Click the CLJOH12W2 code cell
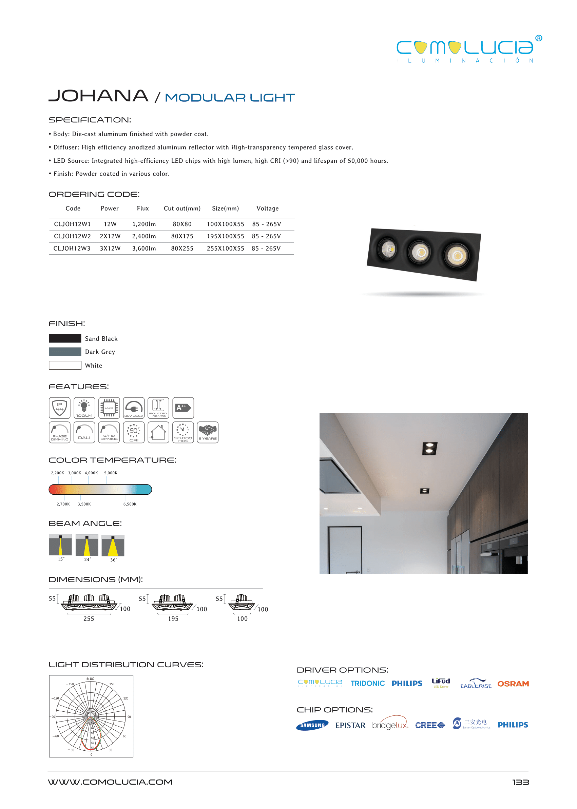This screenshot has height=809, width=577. point(72,236)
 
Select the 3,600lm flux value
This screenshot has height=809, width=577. point(144,248)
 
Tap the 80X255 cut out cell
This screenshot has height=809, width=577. point(182,248)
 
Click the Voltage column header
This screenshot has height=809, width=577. point(268,209)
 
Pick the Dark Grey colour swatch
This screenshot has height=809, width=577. point(65,352)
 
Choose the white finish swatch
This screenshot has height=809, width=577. point(65,365)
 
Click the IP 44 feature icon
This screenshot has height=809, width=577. point(60,408)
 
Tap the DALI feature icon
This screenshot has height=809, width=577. point(84,432)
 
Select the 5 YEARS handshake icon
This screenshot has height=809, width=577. point(208,432)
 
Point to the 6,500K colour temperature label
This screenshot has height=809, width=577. point(130,504)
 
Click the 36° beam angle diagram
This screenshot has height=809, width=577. point(113,546)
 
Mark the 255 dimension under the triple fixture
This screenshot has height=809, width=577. point(89,619)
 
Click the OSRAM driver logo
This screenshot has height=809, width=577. point(513,684)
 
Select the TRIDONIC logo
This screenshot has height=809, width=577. point(367,683)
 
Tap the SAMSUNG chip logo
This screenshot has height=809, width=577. point(312,725)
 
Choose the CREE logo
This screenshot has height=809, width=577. point(430,725)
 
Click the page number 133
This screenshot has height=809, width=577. point(520,782)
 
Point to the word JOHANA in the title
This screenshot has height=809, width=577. point(98,96)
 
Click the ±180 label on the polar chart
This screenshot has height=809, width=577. point(90,679)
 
